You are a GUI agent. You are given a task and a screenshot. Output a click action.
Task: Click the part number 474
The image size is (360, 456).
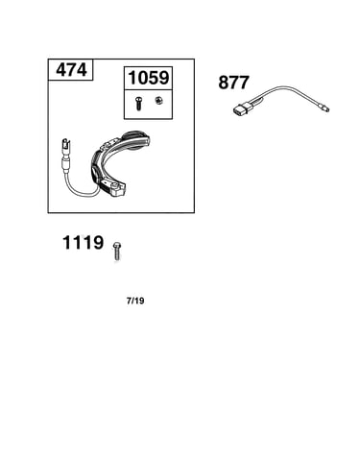tap(71, 70)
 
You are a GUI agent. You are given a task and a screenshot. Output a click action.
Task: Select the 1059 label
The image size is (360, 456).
tap(148, 78)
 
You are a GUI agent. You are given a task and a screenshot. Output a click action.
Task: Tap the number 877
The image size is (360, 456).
tap(233, 83)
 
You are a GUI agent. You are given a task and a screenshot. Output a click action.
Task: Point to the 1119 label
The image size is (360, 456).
tap(83, 243)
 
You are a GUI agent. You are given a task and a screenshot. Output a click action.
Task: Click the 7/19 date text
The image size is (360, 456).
tap(135, 300)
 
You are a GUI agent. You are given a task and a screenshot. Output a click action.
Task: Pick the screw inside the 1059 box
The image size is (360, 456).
tap(138, 104)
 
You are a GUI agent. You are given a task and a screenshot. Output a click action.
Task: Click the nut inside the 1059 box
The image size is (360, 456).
tap(157, 101)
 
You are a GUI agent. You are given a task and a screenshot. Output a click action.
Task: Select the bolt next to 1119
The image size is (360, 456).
tap(117, 252)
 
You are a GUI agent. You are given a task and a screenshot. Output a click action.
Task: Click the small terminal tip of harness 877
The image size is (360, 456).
tap(325, 108)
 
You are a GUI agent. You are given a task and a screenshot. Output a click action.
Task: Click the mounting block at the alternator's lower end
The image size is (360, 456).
tap(114, 190)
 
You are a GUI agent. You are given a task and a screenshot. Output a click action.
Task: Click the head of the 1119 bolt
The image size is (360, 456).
tap(117, 246)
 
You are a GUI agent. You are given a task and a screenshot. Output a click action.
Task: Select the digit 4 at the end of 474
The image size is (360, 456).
tap(82, 70)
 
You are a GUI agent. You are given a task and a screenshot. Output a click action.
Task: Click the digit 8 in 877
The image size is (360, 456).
tap(224, 83)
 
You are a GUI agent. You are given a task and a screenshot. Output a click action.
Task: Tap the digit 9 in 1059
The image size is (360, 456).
tap(163, 78)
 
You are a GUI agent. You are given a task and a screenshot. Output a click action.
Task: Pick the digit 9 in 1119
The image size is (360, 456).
tap(98, 243)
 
